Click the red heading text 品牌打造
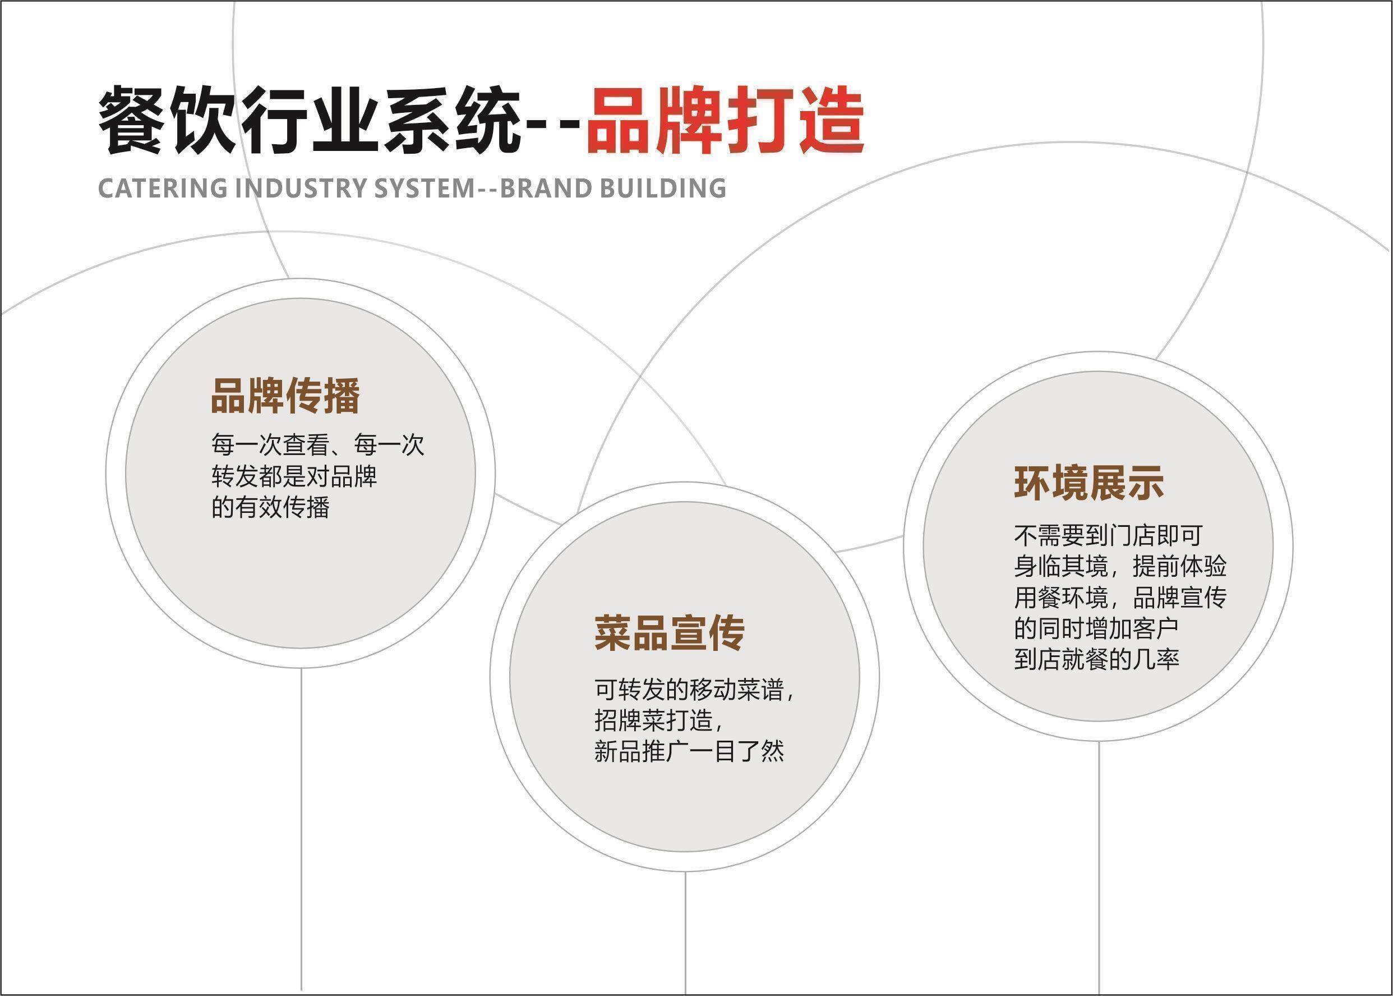(x=725, y=121)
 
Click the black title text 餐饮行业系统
(x=310, y=121)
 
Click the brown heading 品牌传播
(x=285, y=396)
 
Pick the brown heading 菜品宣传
(x=669, y=633)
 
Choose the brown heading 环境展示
(x=1089, y=483)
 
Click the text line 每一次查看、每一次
(x=317, y=446)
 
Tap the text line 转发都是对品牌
(x=294, y=476)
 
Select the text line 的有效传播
(x=270, y=507)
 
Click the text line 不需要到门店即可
(x=1108, y=535)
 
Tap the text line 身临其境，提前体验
(x=1120, y=566)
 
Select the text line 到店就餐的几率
(x=1096, y=659)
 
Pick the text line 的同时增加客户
(x=1096, y=628)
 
